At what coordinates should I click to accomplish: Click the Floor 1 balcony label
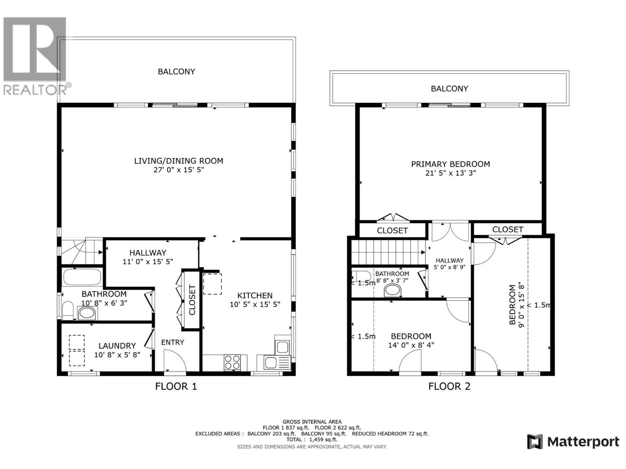[x=176, y=72]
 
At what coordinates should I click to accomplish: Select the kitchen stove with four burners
[x=232, y=362]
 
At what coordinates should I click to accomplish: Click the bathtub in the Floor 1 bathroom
[x=82, y=277]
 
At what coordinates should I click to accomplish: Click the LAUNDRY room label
[x=117, y=345]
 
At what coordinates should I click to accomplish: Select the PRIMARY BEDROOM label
[x=450, y=164]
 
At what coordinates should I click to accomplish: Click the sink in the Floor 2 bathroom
[x=393, y=291]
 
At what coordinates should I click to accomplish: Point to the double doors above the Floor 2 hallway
[x=450, y=232]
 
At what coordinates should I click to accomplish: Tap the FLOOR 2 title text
[x=449, y=387]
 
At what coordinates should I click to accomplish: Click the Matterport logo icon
[x=535, y=442]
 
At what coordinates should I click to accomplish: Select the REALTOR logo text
[x=35, y=90]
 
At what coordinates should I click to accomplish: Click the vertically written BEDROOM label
[x=512, y=305]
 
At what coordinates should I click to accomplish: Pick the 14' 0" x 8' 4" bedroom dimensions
[x=411, y=345]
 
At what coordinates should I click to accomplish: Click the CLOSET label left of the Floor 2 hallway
[x=392, y=231]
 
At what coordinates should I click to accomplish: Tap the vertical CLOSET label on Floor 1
[x=192, y=300]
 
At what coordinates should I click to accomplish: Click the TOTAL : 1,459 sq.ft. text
[x=312, y=439]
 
